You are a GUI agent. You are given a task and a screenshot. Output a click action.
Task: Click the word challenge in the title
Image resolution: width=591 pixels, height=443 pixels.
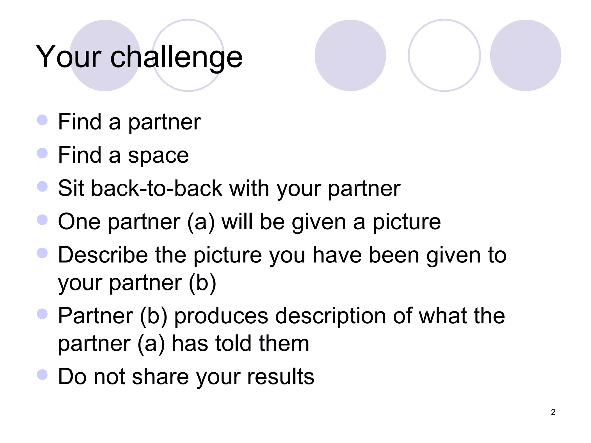(176, 57)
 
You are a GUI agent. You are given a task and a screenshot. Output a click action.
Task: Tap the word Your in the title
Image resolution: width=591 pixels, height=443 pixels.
(68, 57)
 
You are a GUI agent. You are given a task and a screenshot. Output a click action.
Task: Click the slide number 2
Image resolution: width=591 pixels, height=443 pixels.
(553, 412)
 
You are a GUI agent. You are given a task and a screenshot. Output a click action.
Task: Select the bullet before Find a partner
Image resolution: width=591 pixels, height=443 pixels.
(42, 120)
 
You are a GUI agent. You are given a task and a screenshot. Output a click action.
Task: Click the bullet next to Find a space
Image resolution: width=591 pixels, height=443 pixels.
(42, 153)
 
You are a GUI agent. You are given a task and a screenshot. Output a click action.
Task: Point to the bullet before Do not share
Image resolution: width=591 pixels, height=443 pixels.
(42, 375)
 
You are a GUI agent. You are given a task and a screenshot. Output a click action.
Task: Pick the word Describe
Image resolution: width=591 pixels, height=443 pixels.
(103, 255)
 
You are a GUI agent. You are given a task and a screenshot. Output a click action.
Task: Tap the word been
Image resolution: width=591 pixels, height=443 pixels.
(394, 255)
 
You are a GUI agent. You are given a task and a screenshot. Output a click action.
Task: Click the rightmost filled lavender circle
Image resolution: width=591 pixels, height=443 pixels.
(525, 55)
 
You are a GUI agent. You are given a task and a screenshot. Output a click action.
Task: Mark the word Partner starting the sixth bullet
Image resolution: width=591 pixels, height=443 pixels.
(95, 316)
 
